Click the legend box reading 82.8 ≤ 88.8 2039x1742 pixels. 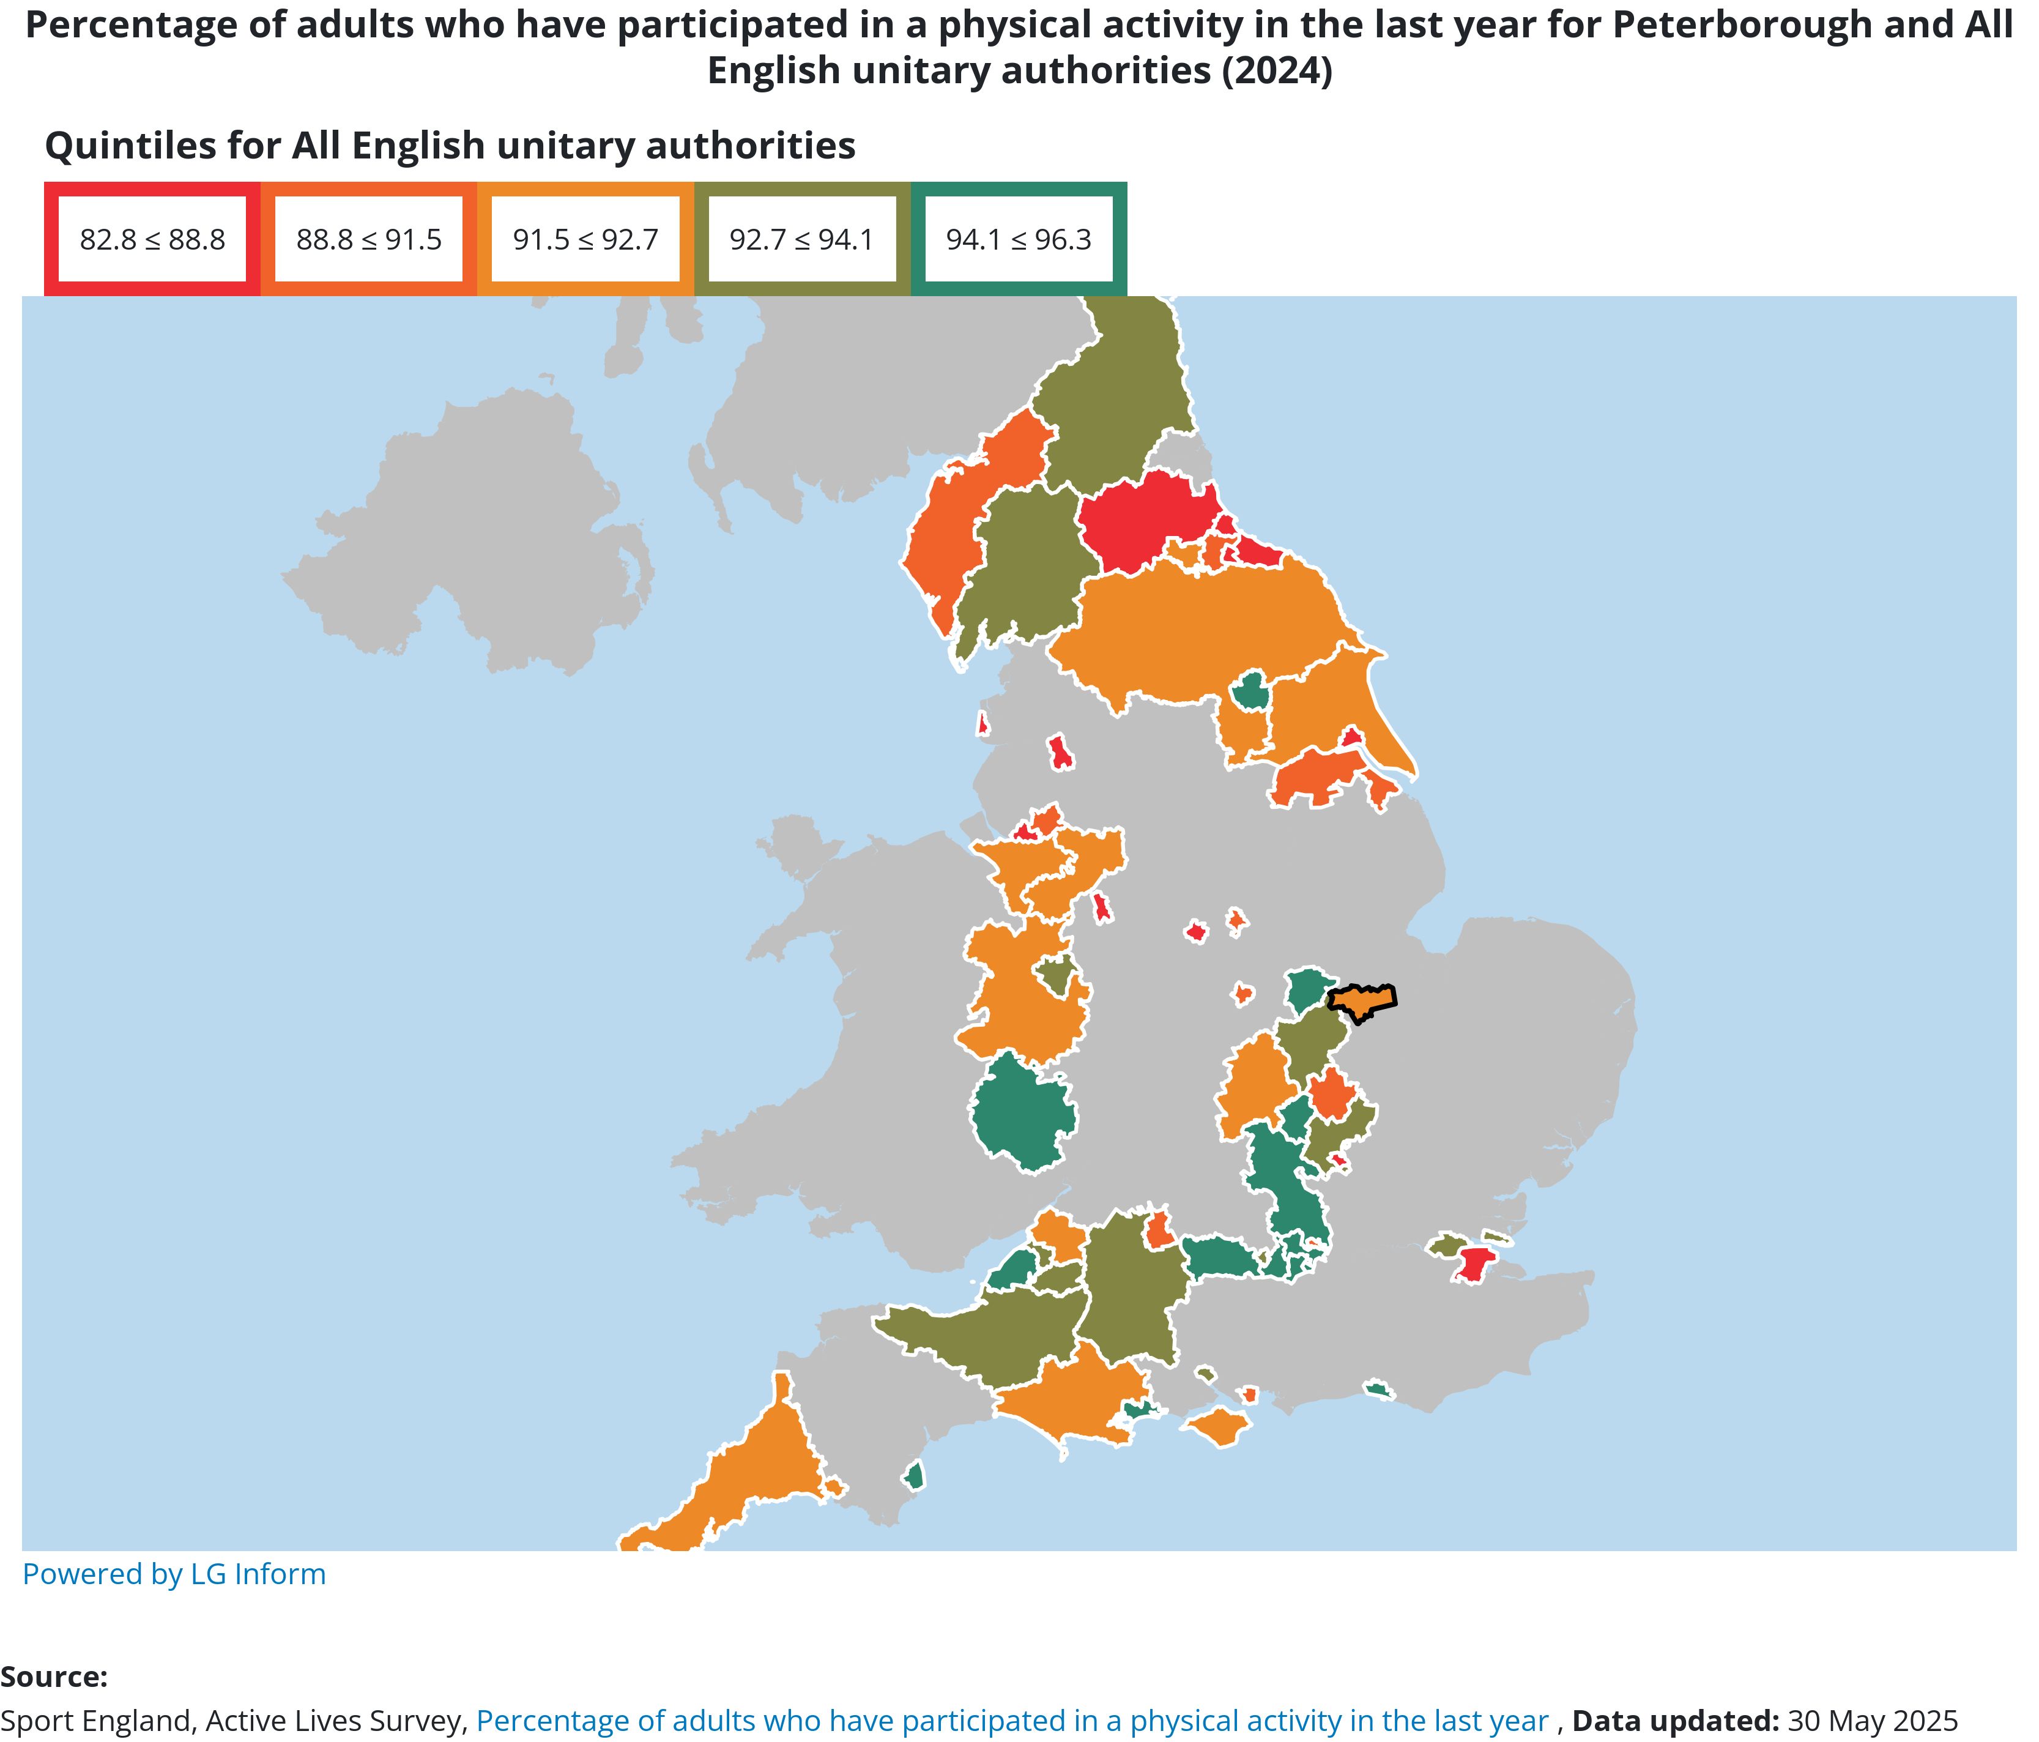tap(152, 239)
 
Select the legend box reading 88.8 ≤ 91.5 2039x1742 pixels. tap(369, 239)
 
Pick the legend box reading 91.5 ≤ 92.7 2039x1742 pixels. tap(585, 239)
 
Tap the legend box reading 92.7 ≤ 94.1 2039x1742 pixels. tap(802, 239)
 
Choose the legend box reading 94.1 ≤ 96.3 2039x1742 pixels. tap(1019, 239)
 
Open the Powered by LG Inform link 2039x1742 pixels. tap(174, 1574)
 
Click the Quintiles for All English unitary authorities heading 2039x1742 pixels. tap(450, 146)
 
